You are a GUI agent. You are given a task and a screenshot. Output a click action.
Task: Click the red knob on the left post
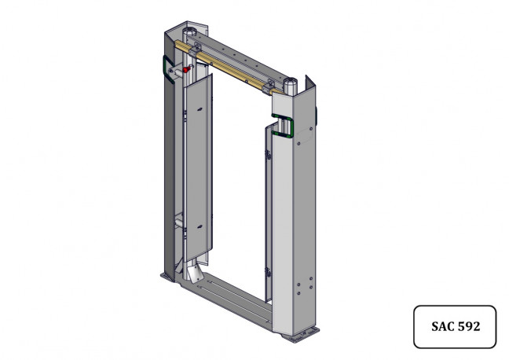tap(185, 69)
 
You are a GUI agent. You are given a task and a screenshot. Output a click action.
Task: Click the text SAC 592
tap(456, 326)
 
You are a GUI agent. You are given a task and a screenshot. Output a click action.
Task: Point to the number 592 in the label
tap(468, 326)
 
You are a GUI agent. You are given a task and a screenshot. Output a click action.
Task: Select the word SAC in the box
tap(442, 326)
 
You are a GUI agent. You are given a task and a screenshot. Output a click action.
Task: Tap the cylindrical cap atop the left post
tap(189, 33)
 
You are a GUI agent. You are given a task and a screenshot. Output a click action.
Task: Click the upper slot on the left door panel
tap(200, 109)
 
